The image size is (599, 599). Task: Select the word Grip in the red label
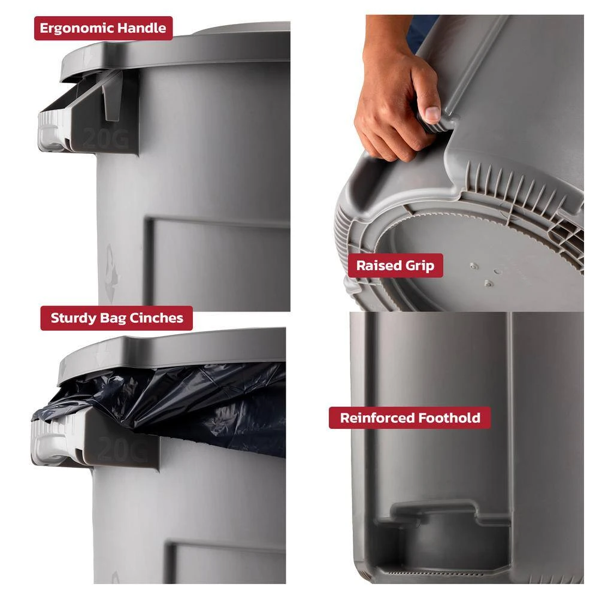point(420,266)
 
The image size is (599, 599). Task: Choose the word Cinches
point(156,318)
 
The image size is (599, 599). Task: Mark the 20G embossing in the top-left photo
point(105,138)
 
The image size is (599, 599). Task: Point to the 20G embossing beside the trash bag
point(122,449)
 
